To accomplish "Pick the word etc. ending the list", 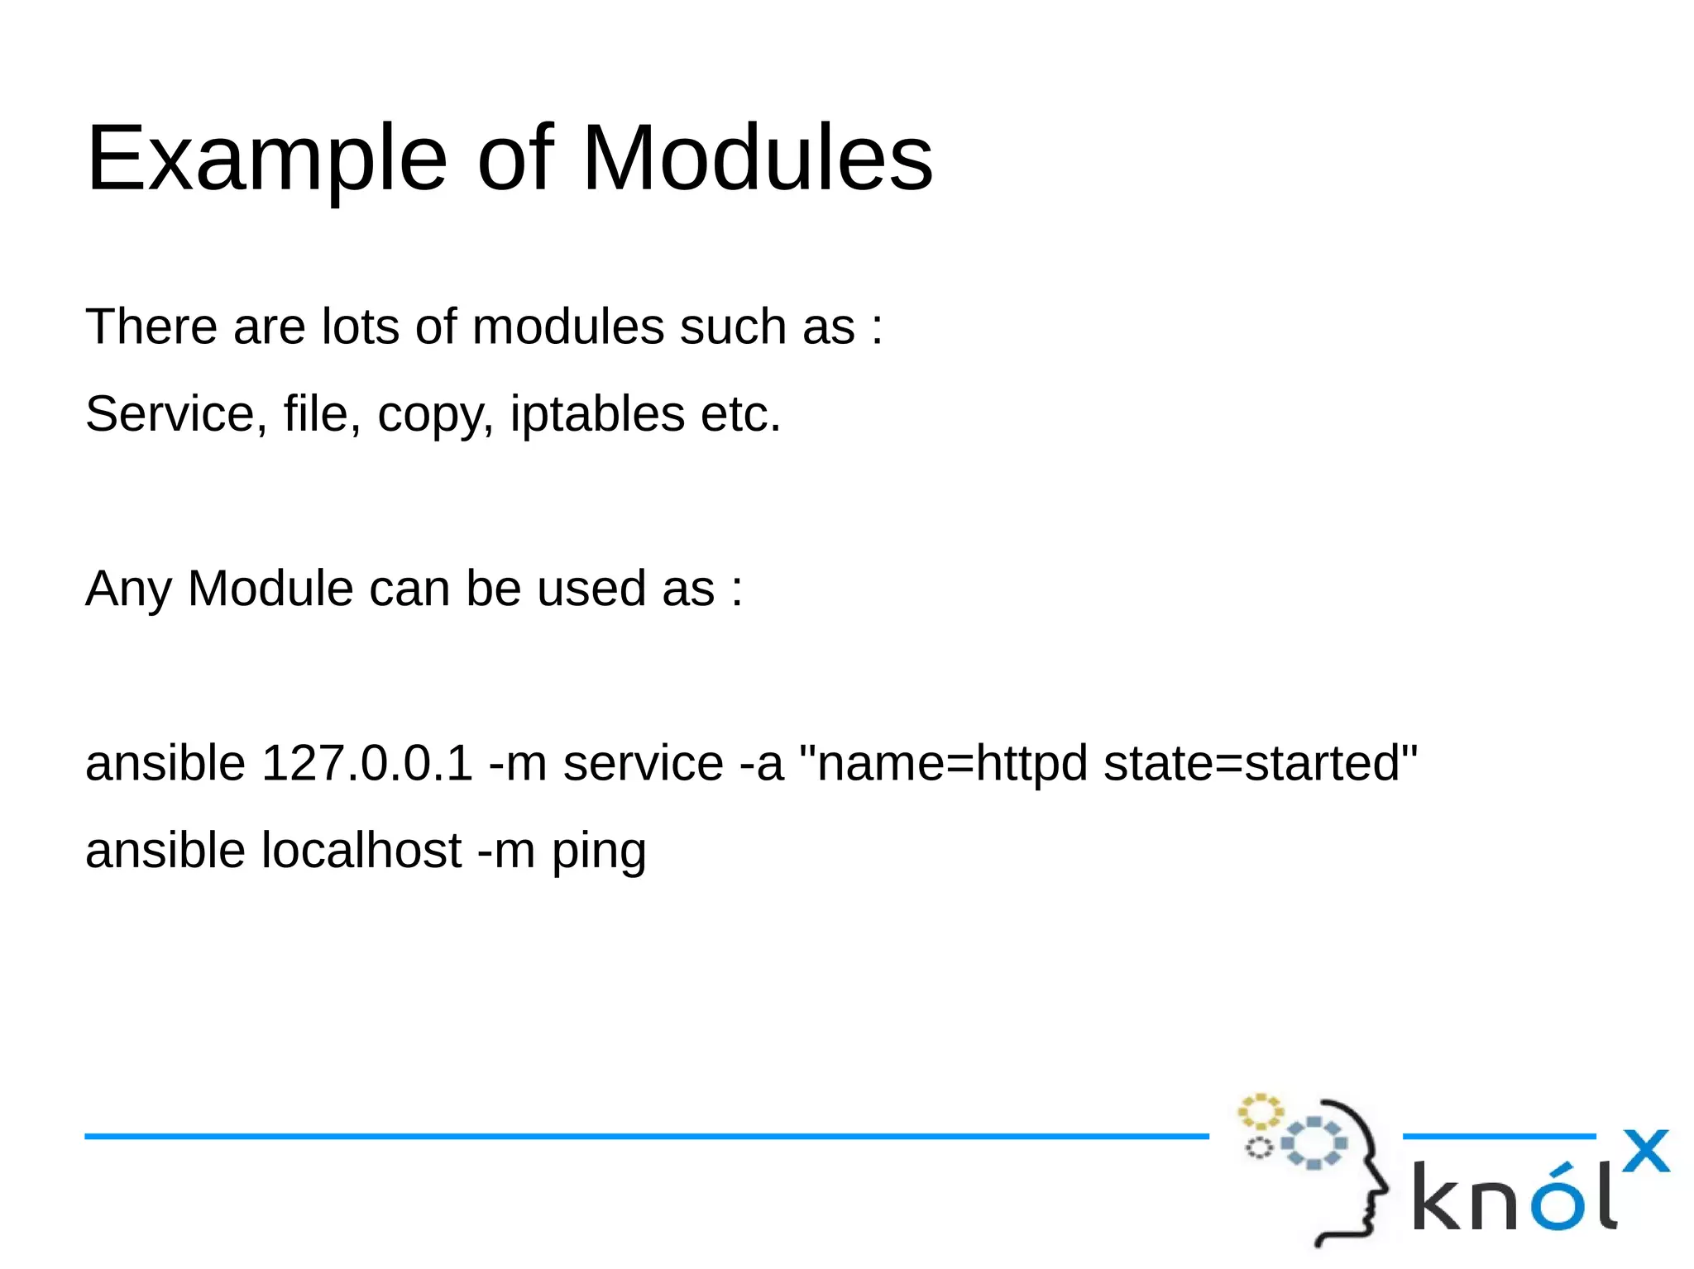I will (x=740, y=413).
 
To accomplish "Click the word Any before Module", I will (x=128, y=589).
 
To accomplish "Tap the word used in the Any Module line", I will (x=591, y=589).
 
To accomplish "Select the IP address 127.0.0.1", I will (x=366, y=762).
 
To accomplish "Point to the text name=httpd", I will (x=951, y=762).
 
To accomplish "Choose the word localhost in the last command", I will (x=361, y=850).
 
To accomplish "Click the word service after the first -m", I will (x=643, y=762).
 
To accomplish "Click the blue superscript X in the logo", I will (x=1645, y=1151).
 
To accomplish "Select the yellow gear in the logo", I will (x=1260, y=1112).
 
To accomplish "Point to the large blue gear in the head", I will (x=1314, y=1143).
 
